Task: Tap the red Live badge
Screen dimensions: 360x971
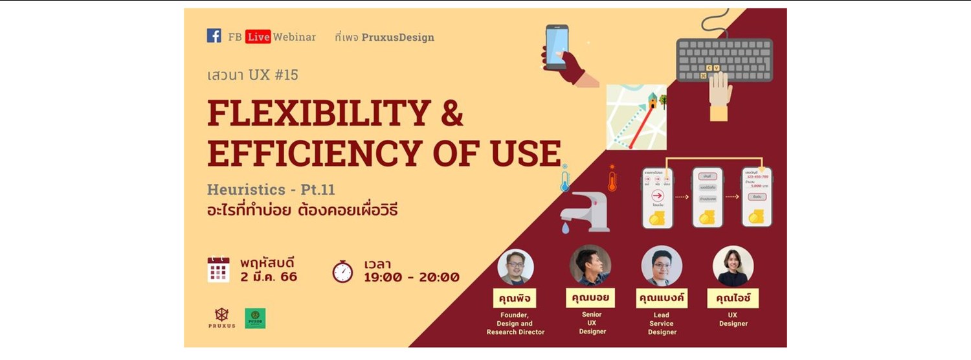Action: pos(258,37)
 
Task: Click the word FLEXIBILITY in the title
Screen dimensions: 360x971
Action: pos(319,113)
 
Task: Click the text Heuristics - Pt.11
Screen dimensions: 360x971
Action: pos(271,190)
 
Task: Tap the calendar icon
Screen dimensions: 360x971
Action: pos(219,269)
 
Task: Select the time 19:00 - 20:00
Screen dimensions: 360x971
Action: pos(412,278)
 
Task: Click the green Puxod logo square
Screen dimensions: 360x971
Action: pos(255,318)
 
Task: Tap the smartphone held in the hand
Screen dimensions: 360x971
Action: pos(557,47)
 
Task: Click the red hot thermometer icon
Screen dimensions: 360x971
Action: pos(612,178)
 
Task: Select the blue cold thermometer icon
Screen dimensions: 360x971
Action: pos(565,178)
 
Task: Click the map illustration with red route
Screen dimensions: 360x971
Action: pos(636,117)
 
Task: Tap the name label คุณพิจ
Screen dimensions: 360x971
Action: pos(515,298)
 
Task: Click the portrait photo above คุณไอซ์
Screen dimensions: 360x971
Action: pos(733,266)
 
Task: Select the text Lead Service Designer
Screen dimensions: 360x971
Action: pos(662,323)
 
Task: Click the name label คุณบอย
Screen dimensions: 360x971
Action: pos(590,298)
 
